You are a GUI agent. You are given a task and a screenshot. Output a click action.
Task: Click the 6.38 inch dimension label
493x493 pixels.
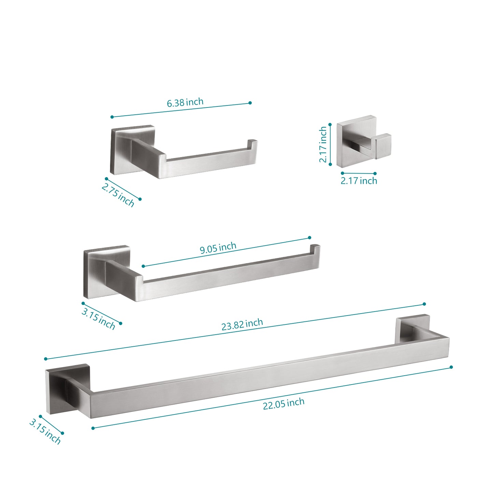tap(185, 102)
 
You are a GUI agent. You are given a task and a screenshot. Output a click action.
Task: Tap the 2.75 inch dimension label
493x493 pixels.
tap(118, 195)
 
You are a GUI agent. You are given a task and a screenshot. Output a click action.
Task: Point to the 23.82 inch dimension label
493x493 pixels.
tap(242, 324)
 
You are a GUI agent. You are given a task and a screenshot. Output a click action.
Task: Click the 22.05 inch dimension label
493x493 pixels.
tap(284, 404)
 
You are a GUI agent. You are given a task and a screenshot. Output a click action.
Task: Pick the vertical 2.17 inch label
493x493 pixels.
tap(323, 145)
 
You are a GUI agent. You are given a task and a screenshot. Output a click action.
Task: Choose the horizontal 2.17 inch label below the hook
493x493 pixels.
tap(359, 181)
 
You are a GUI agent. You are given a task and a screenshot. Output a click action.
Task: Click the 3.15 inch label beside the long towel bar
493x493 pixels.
tap(45, 432)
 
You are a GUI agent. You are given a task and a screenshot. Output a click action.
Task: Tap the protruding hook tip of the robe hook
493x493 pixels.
tap(383, 146)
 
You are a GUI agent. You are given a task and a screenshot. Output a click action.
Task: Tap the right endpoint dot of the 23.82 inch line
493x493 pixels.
tap(424, 304)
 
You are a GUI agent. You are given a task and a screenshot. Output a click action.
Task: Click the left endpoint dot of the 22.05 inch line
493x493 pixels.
tap(93, 428)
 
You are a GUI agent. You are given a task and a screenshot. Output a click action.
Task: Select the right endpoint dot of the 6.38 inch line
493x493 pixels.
tap(250, 103)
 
